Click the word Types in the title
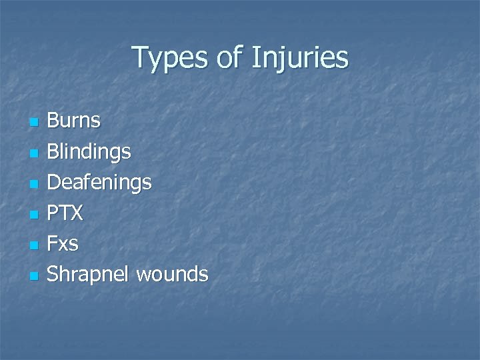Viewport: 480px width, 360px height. pyautogui.click(x=170, y=58)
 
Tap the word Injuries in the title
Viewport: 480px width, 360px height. pyautogui.click(x=299, y=58)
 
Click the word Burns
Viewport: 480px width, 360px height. pyautogui.click(x=74, y=121)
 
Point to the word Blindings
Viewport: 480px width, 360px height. pyautogui.click(x=89, y=152)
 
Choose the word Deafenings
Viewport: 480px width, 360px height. pyautogui.click(x=99, y=182)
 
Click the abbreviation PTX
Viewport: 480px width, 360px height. pyautogui.click(x=65, y=213)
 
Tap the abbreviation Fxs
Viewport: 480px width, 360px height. pyautogui.click(x=63, y=243)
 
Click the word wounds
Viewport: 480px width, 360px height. pyautogui.click(x=172, y=273)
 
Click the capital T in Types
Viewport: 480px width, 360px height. pyautogui.click(x=140, y=57)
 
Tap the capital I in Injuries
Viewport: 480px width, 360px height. pyautogui.click(x=255, y=57)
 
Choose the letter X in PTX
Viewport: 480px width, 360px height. pyautogui.click(x=77, y=213)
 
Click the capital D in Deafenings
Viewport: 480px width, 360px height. pyautogui.click(x=54, y=182)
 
